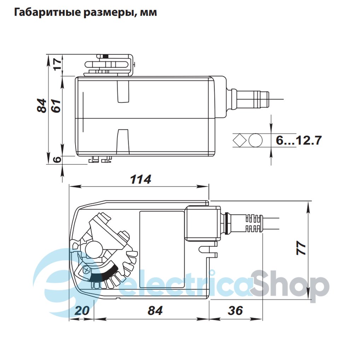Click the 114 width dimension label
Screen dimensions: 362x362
[141, 179]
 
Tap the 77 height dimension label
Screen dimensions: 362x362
[301, 248]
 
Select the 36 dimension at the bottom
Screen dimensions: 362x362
[235, 310]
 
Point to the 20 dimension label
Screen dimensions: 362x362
[82, 310]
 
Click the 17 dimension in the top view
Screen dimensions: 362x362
[57, 64]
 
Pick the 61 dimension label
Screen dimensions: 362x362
[56, 106]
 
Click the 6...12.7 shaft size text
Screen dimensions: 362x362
[299, 140]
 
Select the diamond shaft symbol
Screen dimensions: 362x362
[240, 140]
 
